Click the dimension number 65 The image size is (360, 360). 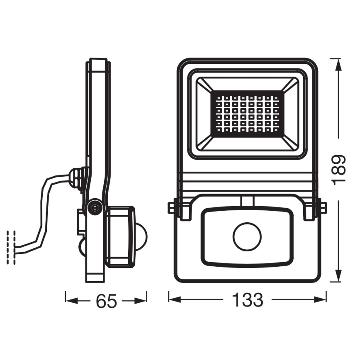(106, 301)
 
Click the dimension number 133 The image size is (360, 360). (248, 300)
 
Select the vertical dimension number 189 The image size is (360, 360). (339, 170)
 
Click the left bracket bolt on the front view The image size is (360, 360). (171, 207)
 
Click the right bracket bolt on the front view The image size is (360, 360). (323, 207)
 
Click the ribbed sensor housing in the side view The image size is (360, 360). (120, 236)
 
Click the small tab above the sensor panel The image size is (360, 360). (248, 201)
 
